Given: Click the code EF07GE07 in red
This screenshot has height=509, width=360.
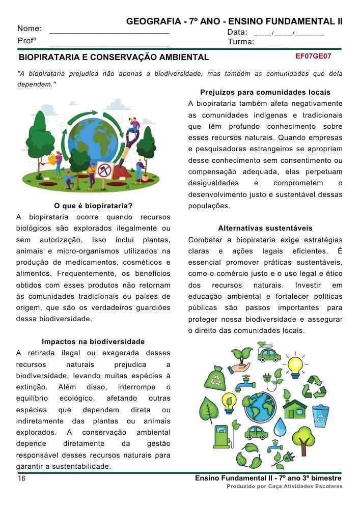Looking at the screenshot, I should [313, 56].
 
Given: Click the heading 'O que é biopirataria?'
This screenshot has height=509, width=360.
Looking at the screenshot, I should [93, 206].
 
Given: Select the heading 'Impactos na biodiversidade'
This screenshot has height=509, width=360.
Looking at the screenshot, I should [93, 342].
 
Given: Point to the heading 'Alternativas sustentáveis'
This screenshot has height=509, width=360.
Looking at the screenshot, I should [265, 228].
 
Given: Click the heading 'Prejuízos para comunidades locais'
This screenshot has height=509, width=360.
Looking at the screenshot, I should [265, 93].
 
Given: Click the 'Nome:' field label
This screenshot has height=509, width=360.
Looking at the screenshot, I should [30, 29].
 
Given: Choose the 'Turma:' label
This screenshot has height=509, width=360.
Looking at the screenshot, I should [241, 42].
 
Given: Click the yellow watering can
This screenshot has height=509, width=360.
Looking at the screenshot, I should [52, 159].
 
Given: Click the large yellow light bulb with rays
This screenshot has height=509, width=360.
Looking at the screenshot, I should [295, 365].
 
